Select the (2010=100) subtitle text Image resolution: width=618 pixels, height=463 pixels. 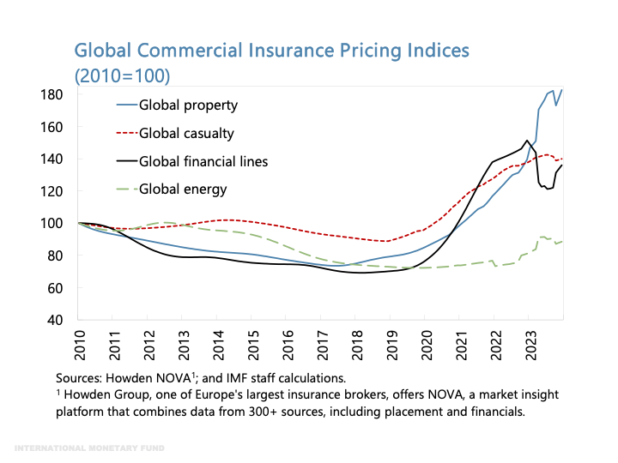[123, 75]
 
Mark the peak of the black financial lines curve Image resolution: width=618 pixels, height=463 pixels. [526, 141]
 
